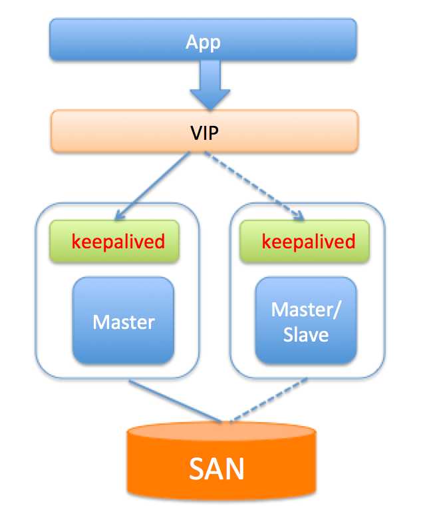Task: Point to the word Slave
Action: tap(306, 334)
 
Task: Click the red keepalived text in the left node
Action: tap(117, 241)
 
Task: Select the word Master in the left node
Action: tap(123, 322)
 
